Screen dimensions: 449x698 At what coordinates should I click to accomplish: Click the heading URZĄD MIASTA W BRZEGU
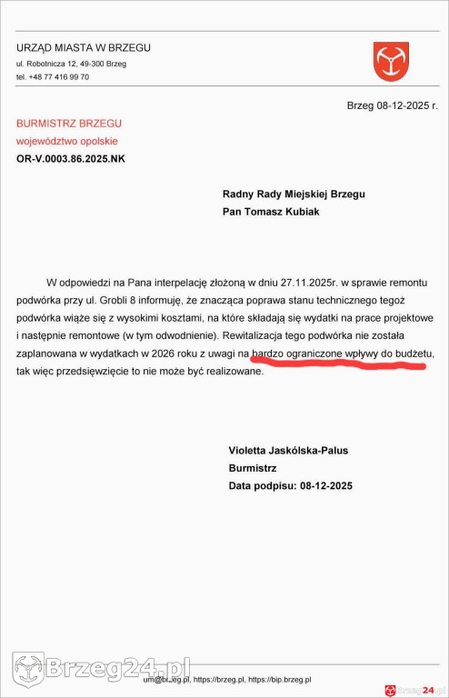click(84, 47)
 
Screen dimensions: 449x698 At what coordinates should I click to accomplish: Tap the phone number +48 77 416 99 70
click(53, 77)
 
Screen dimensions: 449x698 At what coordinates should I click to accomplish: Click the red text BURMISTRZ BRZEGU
click(69, 123)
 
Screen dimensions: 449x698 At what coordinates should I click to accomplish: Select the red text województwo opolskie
click(66, 141)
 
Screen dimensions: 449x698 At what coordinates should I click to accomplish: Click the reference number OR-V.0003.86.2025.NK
click(71, 159)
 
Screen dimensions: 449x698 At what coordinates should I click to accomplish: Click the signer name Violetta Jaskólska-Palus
click(288, 451)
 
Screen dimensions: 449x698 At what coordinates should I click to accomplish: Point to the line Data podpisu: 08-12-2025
click(290, 486)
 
